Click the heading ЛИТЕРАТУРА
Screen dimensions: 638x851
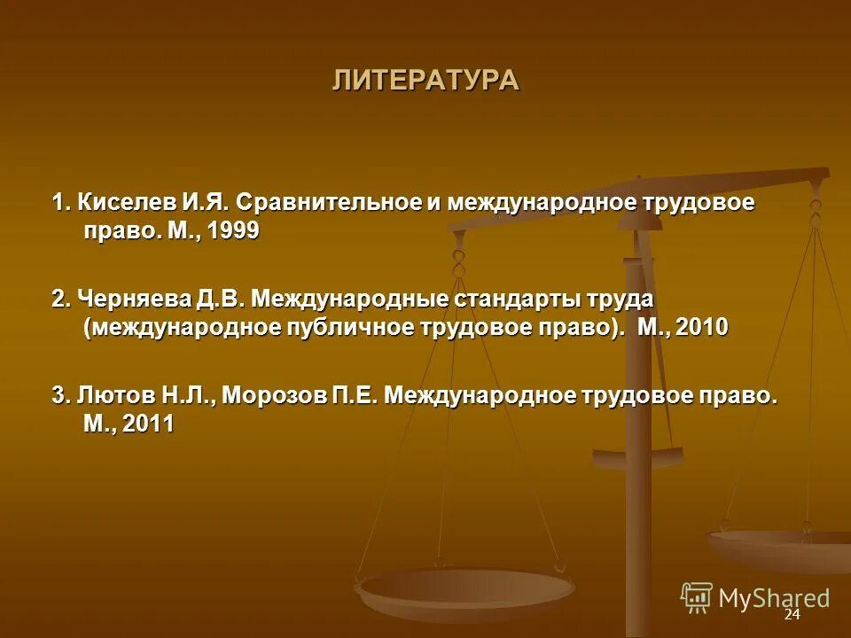(425, 80)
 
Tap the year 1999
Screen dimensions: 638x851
(233, 230)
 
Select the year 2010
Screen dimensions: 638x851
(701, 327)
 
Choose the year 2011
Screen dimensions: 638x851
(148, 424)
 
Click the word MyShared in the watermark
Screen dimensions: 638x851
(774, 598)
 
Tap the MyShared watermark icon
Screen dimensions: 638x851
(697, 597)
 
